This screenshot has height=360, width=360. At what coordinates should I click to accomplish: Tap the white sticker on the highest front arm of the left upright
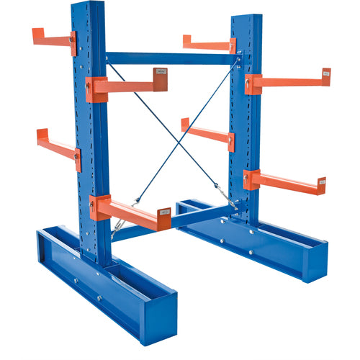click(161, 73)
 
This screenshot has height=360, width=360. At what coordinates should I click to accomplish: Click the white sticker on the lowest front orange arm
click(165, 212)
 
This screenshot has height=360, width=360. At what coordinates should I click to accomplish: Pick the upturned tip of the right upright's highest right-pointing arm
click(326, 75)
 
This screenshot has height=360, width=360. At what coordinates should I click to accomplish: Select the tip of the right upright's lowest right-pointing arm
click(321, 185)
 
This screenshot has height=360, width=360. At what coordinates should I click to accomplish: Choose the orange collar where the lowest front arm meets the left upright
click(99, 208)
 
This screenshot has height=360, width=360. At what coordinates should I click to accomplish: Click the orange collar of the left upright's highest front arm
click(96, 89)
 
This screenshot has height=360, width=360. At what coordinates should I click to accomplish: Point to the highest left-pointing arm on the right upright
click(206, 44)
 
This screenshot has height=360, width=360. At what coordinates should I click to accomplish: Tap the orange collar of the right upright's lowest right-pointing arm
click(251, 179)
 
